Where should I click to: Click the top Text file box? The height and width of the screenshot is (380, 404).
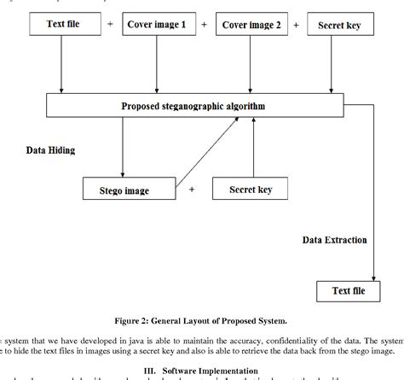(x=63, y=26)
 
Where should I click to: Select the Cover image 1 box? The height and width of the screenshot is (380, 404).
(x=157, y=26)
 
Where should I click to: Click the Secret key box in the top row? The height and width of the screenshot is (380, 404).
(x=339, y=26)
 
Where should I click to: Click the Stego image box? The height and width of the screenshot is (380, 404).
(x=125, y=189)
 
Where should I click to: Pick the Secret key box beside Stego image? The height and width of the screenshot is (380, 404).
(x=249, y=189)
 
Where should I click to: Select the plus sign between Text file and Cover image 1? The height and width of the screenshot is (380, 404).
(x=110, y=26)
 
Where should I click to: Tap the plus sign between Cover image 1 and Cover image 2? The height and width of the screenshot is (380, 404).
(x=204, y=26)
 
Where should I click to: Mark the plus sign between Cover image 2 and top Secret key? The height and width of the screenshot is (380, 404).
(x=296, y=26)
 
